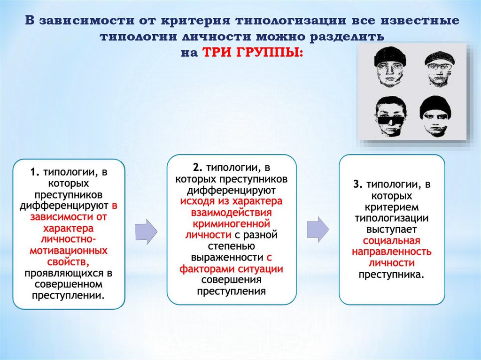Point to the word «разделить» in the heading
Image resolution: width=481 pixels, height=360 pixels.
[340, 37]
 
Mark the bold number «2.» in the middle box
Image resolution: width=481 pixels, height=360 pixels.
[197, 168]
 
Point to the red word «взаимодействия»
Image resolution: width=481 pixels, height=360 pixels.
[232, 212]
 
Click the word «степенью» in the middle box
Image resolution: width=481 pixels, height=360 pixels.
[232, 245]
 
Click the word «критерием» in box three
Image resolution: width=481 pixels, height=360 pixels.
[392, 207]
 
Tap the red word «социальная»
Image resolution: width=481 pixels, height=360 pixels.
[392, 241]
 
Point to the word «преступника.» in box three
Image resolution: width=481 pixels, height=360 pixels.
[392, 274]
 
